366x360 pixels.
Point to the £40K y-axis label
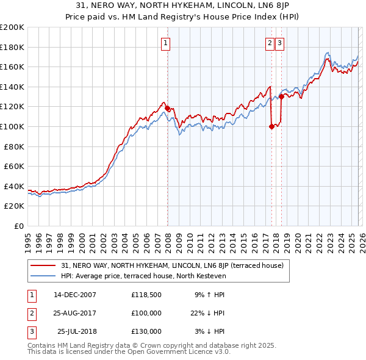[13, 186]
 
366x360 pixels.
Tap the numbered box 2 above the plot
[270, 43]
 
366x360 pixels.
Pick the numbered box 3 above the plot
[279, 43]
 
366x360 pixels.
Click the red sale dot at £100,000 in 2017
[271, 126]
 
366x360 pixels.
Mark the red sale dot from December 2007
[167, 109]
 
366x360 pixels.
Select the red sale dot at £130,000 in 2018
[281, 96]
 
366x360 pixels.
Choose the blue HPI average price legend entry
[143, 276]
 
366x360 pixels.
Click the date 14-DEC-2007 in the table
[75, 294]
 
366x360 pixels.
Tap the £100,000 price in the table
[146, 313]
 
